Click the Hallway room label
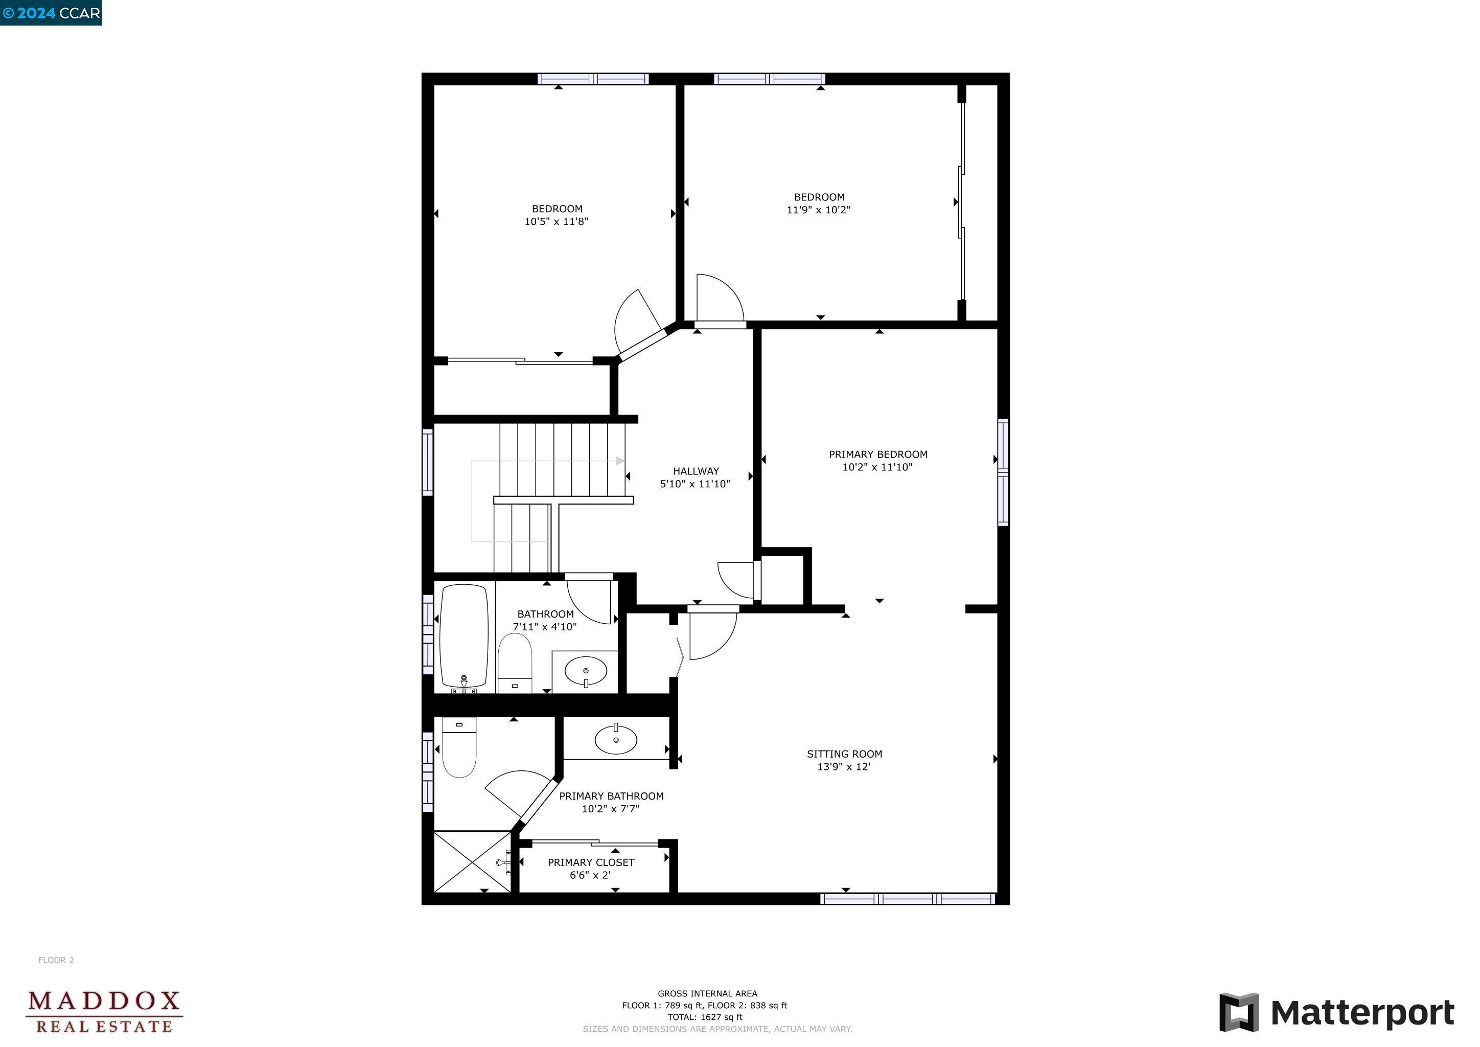click(x=696, y=471)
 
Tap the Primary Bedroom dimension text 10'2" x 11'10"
click(x=877, y=467)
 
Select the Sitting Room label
click(x=844, y=754)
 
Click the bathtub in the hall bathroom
click(x=464, y=635)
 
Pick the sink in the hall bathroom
click(x=585, y=672)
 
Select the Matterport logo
click(x=1336, y=1013)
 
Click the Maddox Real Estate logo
click(x=104, y=1012)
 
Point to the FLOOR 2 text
click(x=56, y=960)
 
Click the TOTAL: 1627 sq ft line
click(x=705, y=1017)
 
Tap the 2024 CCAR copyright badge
click(x=51, y=13)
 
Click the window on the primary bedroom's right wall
click(x=1003, y=472)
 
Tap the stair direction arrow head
click(x=620, y=461)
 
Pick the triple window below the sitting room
click(x=908, y=899)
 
